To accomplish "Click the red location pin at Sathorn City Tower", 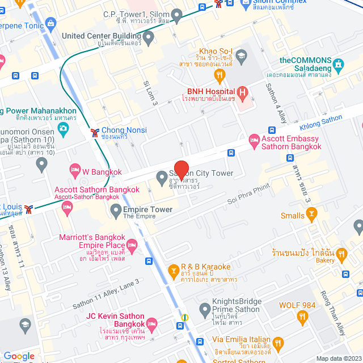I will point(181,170).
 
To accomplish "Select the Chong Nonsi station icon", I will point(94,133).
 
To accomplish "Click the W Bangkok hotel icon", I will point(74,170).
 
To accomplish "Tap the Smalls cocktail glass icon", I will point(311,214).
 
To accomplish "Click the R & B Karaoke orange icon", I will point(174,271).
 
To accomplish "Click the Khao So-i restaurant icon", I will point(217,75).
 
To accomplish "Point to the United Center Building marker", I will point(149,39).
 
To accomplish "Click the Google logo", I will point(19,356).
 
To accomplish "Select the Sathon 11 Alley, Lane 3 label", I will point(105,293).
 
